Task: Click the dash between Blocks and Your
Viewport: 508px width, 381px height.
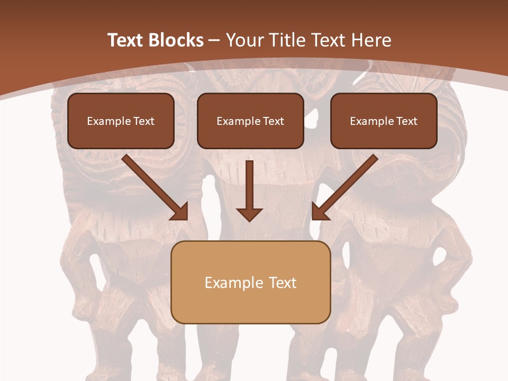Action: click(x=214, y=40)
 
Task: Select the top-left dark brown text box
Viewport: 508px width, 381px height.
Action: click(x=121, y=121)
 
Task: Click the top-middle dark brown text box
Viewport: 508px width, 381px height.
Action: click(x=250, y=121)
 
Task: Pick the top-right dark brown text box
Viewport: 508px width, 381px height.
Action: click(x=384, y=121)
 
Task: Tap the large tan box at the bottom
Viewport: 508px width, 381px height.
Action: click(x=251, y=283)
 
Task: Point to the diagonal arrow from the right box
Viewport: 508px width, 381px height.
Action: click(x=349, y=183)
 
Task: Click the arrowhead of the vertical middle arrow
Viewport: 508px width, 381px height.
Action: click(x=249, y=214)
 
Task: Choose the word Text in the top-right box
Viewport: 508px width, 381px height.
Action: click(x=406, y=121)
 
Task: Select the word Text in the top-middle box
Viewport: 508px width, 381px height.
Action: click(x=273, y=121)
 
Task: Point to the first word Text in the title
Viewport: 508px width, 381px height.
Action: click(x=125, y=40)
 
